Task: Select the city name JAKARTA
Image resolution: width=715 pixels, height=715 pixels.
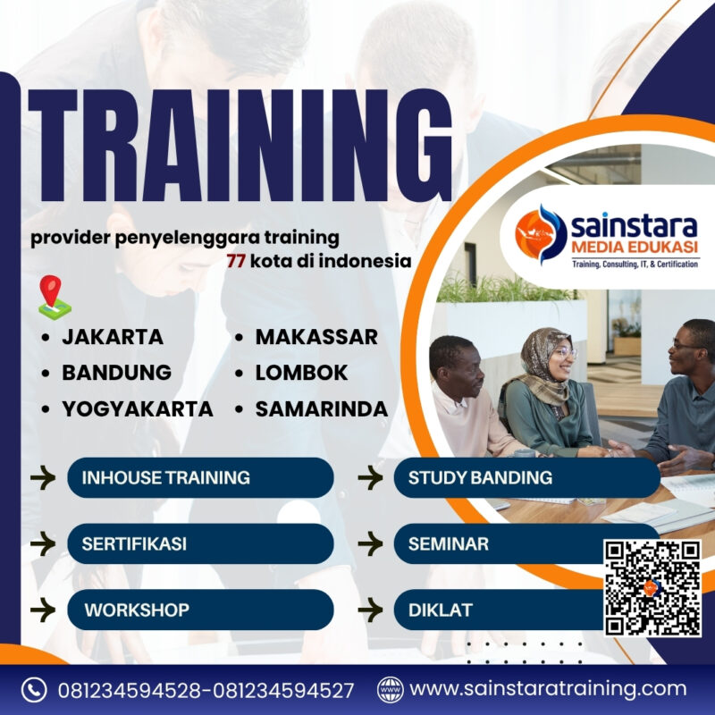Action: point(112,337)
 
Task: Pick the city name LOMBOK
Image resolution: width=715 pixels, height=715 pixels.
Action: point(301,373)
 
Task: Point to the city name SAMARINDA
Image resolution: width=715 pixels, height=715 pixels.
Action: point(321,408)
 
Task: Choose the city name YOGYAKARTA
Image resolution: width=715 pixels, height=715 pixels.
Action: point(137,408)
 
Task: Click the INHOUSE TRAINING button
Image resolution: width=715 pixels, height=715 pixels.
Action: point(200,477)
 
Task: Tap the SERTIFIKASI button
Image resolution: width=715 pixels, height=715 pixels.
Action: point(200,543)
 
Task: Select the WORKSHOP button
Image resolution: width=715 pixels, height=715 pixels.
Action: point(200,610)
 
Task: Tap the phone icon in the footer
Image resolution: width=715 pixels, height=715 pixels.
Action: point(34,690)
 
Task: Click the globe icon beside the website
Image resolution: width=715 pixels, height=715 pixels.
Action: point(390,690)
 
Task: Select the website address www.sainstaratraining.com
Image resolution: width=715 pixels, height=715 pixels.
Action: point(548,689)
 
